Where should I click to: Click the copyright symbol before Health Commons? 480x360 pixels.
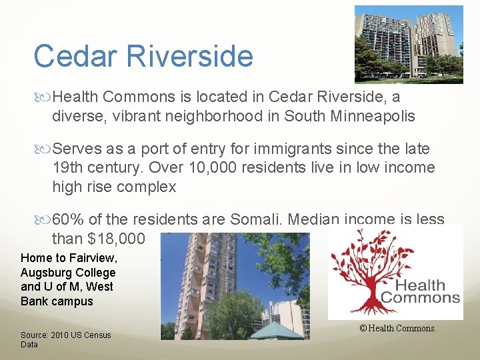click(363, 328)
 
